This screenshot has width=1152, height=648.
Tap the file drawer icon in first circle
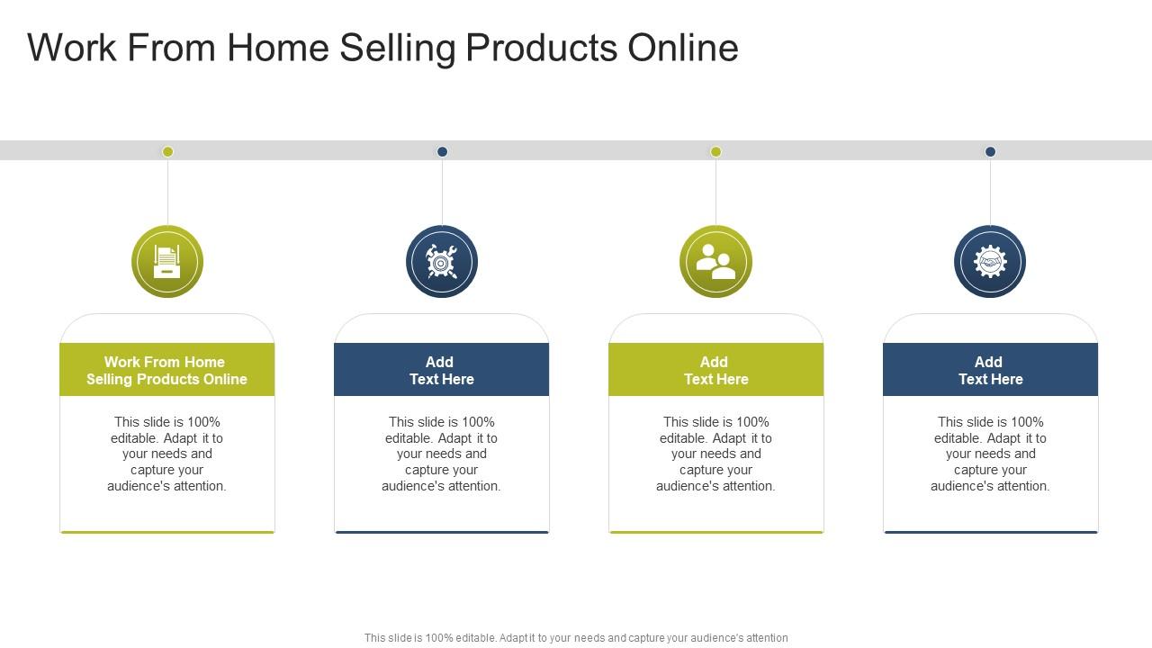(x=167, y=261)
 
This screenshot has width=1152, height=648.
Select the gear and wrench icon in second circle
(x=442, y=261)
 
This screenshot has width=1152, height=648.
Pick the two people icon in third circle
(x=715, y=261)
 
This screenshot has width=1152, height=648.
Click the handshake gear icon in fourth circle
(x=990, y=261)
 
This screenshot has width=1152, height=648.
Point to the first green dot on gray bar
(x=167, y=151)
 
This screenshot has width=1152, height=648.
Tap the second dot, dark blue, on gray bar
(x=442, y=151)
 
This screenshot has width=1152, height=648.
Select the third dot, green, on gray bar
(x=715, y=151)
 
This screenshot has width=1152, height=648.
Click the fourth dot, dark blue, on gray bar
(x=990, y=151)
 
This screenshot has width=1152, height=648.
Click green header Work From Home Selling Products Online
(x=167, y=370)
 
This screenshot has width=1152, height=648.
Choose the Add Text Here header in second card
(x=442, y=370)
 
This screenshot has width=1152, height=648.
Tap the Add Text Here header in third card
(x=715, y=370)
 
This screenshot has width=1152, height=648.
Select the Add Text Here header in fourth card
(x=990, y=370)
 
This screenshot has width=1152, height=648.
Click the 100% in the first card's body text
(x=203, y=422)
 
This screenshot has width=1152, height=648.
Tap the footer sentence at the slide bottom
(x=576, y=637)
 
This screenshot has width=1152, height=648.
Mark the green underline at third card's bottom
(x=715, y=532)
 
